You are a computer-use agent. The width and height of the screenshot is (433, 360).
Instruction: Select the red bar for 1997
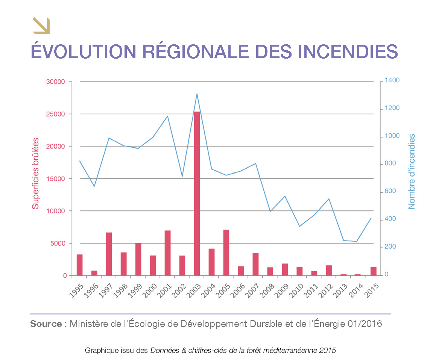109,254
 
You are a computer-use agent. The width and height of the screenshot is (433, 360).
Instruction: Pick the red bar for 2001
167,253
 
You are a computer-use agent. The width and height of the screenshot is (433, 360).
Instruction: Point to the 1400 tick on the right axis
392,80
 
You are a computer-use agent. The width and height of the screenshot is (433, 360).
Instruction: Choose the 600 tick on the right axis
390,192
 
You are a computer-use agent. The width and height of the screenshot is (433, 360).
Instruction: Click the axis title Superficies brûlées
35,173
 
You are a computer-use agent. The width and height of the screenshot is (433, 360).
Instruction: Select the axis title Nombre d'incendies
412,171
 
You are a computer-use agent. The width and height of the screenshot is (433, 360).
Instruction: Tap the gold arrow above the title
41,26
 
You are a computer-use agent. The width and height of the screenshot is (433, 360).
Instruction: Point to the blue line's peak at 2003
197,94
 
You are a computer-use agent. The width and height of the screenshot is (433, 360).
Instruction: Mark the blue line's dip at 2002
182,176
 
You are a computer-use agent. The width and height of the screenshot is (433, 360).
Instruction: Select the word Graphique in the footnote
99,350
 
